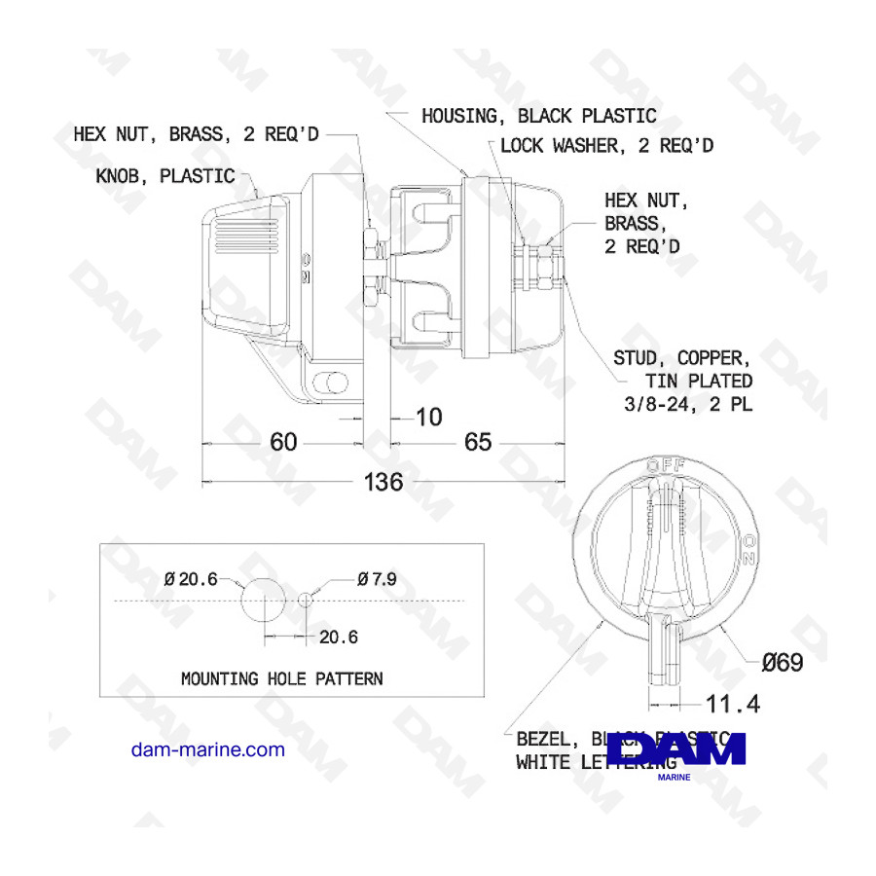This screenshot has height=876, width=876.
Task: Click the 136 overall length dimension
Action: pos(383,482)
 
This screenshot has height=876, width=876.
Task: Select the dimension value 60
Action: pos(283,442)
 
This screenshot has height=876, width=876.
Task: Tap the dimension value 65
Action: pos(478,442)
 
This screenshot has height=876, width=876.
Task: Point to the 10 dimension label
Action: pos(428,418)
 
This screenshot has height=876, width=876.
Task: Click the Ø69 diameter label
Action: pos(782,664)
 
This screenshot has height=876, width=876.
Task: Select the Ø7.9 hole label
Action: pos(377,579)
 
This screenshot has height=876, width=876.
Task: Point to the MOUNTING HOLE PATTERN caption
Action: pos(281,678)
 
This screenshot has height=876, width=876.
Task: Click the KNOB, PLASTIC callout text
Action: pos(165,176)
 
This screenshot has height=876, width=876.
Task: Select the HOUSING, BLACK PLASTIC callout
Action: pos(538,116)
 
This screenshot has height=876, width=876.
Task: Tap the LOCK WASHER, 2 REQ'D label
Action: pos(606,145)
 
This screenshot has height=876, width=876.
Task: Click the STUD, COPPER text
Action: pos(680,358)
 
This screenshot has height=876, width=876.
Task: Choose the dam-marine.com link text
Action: pos(207,749)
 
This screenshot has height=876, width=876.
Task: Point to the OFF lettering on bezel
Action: pos(667,465)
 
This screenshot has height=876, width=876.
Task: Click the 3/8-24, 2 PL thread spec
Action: pos(687,404)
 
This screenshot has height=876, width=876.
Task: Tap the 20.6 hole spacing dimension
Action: pos(338,638)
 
